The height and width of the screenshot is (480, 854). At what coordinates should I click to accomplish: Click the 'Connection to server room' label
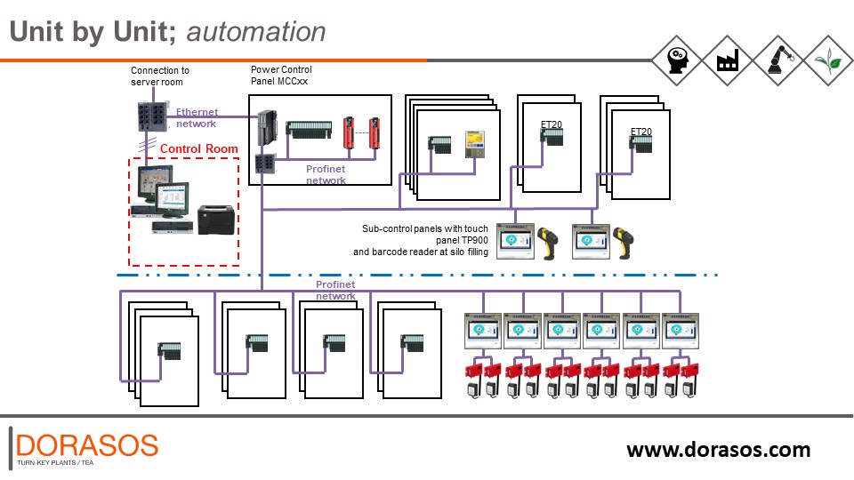coord(160,76)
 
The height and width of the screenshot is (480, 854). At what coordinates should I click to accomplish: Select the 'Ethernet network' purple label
coord(197,118)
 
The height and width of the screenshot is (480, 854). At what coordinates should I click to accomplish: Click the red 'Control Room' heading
coord(198,148)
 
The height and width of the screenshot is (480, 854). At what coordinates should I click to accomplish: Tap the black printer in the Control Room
coord(216,216)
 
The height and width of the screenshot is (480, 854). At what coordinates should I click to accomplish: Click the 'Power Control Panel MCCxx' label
coord(281,75)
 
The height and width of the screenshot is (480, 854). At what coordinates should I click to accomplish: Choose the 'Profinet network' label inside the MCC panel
coord(326,174)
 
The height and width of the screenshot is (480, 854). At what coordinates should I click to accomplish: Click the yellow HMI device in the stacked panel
coord(472,142)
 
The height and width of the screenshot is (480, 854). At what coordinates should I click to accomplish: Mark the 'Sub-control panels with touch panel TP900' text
coord(425,235)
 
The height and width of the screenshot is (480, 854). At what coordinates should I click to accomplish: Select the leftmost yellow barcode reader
coord(545,242)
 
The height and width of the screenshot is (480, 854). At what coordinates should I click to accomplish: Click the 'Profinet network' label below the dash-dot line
coord(335,290)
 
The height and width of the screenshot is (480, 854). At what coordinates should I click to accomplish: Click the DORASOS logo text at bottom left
coord(87,444)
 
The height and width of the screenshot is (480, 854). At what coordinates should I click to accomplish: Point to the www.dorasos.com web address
coord(718,449)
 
